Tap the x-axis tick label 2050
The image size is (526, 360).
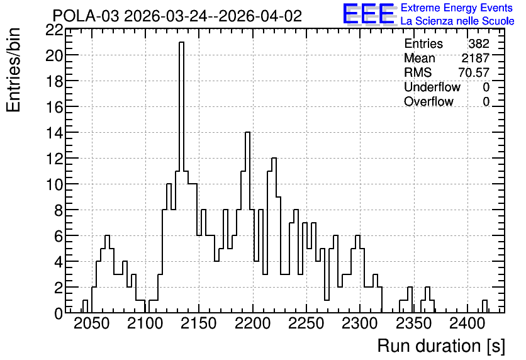[91, 324]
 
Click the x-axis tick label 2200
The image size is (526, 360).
[252, 324]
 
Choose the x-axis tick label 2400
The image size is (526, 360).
[467, 324]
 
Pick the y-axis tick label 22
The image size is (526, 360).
[54, 31]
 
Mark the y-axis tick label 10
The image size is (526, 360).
[54, 184]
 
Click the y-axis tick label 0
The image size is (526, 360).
[59, 313]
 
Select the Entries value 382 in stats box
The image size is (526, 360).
[479, 43]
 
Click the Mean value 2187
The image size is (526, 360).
[475, 58]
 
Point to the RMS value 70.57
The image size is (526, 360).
[474, 72]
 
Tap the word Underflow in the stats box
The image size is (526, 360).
[432, 87]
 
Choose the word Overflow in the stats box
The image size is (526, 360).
[428, 101]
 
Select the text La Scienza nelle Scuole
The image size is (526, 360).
[457, 21]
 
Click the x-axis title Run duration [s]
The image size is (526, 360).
[441, 346]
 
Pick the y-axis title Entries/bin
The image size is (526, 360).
[14, 70]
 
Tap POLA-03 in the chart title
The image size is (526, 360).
[86, 16]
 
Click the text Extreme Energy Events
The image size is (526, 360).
[457, 8]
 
